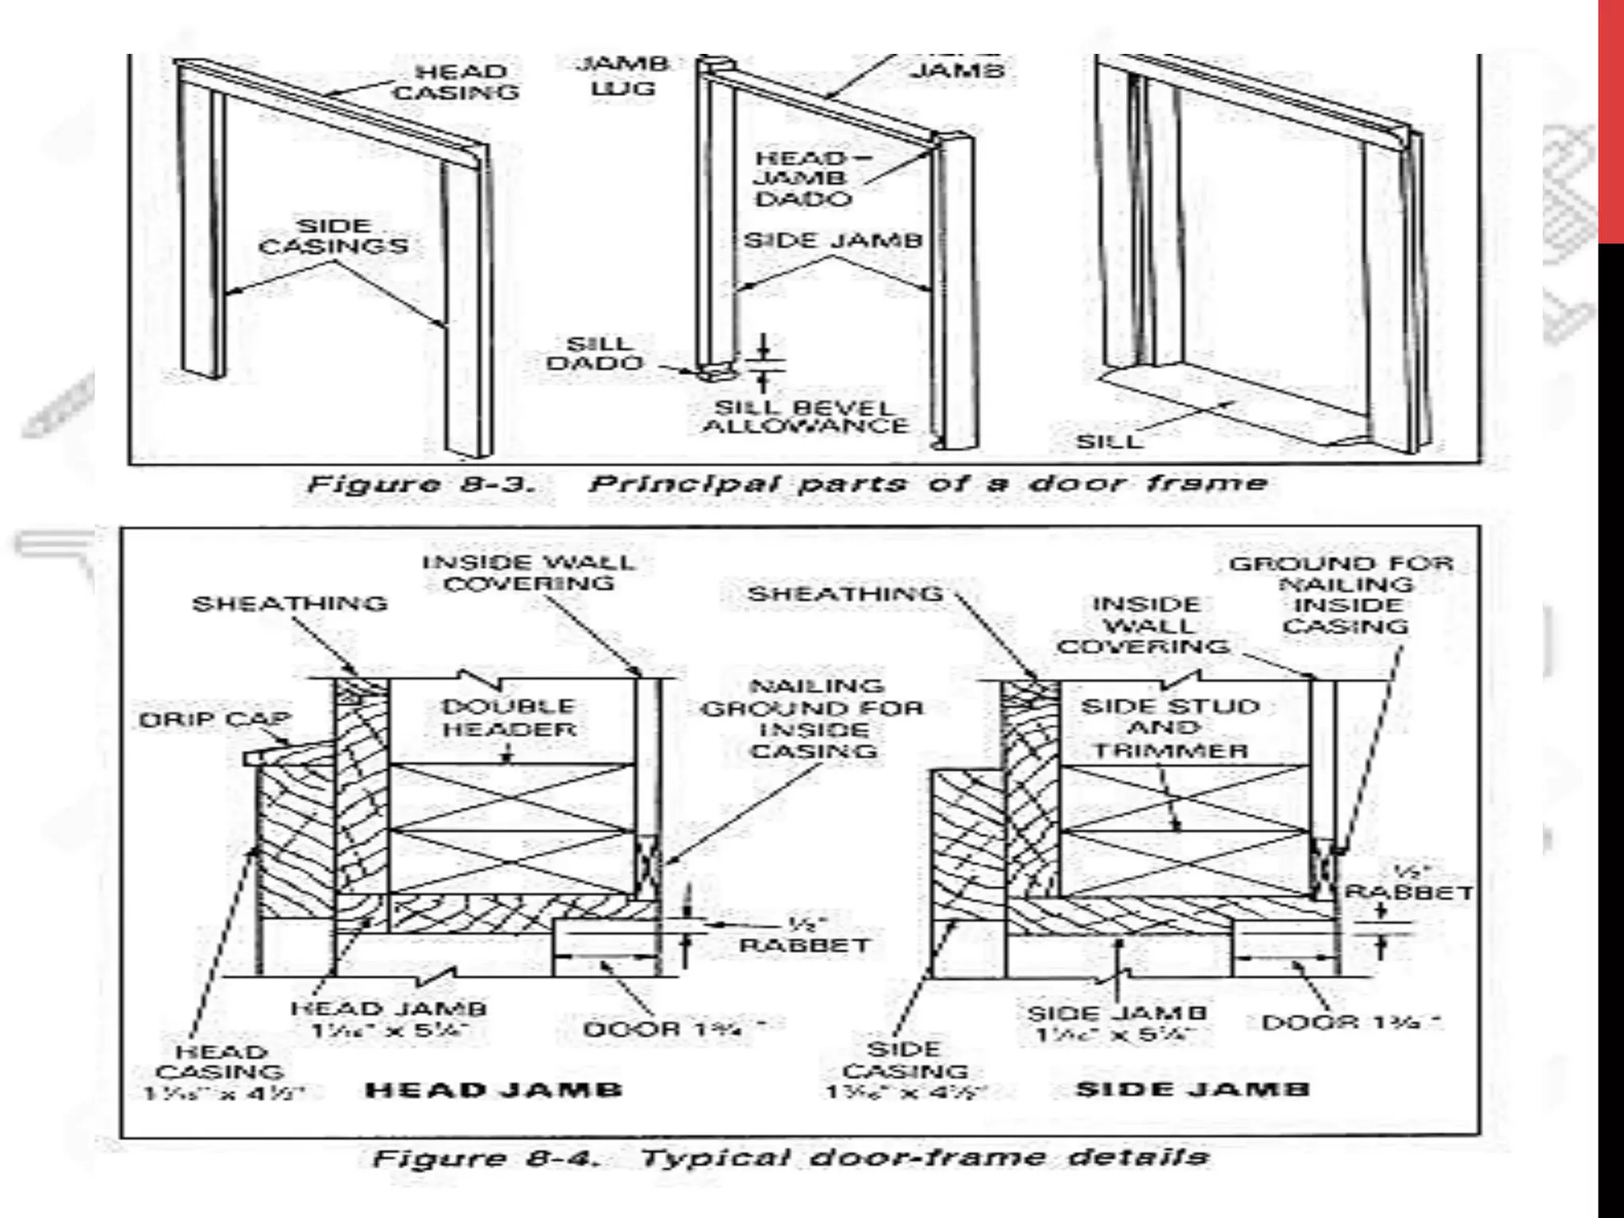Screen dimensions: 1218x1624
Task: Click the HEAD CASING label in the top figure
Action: pos(456,82)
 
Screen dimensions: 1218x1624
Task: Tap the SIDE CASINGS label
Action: pos(334,236)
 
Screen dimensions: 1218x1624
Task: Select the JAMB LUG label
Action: pos(622,75)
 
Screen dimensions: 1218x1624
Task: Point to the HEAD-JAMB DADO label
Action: pos(802,178)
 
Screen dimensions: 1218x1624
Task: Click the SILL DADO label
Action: pos(595,354)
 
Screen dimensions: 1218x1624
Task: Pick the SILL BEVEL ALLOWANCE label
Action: pos(804,416)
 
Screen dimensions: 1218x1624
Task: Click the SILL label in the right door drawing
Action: pos(1109,441)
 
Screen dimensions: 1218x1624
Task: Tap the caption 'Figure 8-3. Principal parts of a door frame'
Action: pos(787,484)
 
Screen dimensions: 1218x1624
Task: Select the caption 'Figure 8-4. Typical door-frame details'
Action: pos(791,1158)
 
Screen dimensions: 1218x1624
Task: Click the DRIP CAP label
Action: pos(215,720)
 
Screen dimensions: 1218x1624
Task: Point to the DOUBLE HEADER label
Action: pos(509,718)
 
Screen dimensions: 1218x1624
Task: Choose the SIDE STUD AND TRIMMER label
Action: pos(1170,728)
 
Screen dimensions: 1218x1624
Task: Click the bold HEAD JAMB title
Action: pos(493,1090)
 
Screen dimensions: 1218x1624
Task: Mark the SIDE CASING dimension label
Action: pos(905,1071)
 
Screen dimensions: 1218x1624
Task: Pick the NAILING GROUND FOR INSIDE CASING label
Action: pos(814,718)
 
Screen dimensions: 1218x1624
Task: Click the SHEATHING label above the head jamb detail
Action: pos(290,603)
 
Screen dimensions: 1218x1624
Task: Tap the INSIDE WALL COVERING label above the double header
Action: pos(529,573)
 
